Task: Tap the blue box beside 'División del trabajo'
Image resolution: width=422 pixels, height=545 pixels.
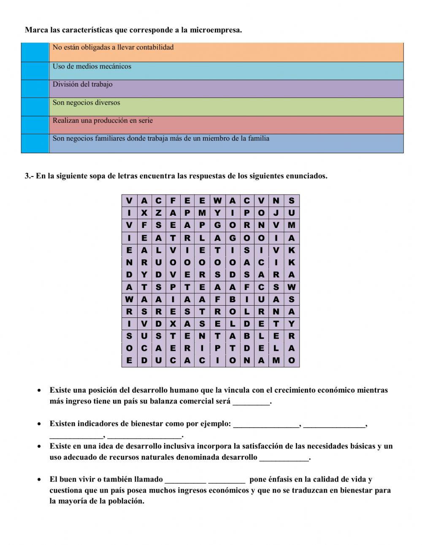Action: click(x=35, y=89)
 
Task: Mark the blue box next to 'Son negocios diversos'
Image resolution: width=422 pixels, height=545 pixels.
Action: click(x=35, y=107)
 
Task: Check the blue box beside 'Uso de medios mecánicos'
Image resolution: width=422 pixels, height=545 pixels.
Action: click(x=35, y=71)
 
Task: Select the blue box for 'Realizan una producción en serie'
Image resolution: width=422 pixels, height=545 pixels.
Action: click(x=35, y=125)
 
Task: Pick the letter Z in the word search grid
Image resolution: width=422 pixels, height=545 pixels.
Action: click(x=158, y=213)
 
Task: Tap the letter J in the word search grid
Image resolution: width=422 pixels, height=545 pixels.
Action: click(x=276, y=213)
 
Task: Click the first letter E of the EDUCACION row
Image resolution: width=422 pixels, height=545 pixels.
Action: click(x=129, y=361)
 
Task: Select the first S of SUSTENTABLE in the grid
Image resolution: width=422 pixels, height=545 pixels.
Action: click(x=129, y=336)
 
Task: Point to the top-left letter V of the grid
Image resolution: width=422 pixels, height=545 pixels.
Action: click(x=129, y=201)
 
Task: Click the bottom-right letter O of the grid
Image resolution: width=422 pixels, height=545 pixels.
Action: click(x=291, y=361)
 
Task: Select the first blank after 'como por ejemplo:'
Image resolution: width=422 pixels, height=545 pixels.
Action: click(x=266, y=424)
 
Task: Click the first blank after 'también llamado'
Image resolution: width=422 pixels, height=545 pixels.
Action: click(x=185, y=480)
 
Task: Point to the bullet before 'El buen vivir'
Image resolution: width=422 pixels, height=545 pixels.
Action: click(x=39, y=480)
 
